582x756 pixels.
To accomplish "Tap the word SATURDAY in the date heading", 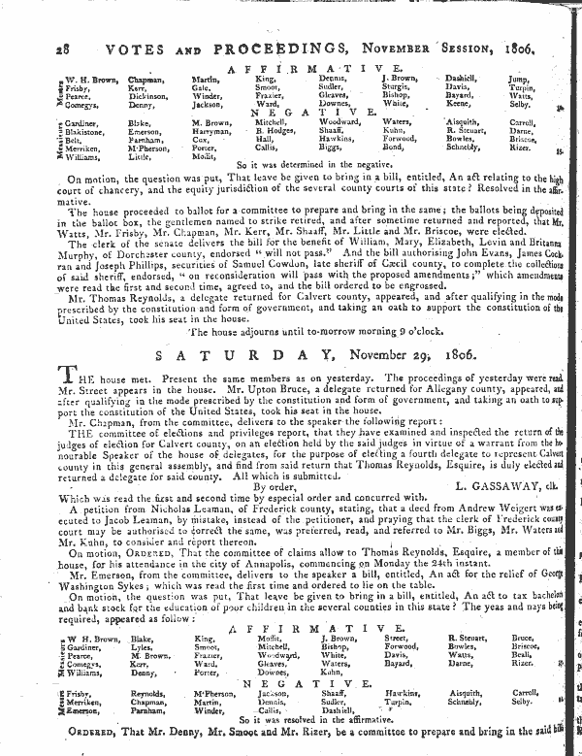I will (x=229, y=357).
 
